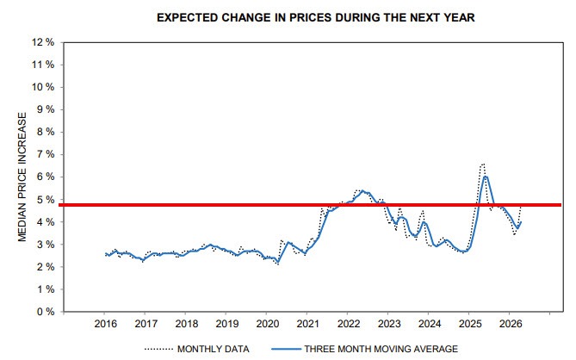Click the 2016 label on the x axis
(104, 325)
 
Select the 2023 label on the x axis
(387, 325)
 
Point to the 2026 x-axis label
(509, 325)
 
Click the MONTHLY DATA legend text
(214, 349)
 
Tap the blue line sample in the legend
(288, 349)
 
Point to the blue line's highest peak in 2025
(486, 177)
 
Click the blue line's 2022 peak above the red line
(362, 191)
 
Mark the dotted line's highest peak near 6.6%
(483, 164)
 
